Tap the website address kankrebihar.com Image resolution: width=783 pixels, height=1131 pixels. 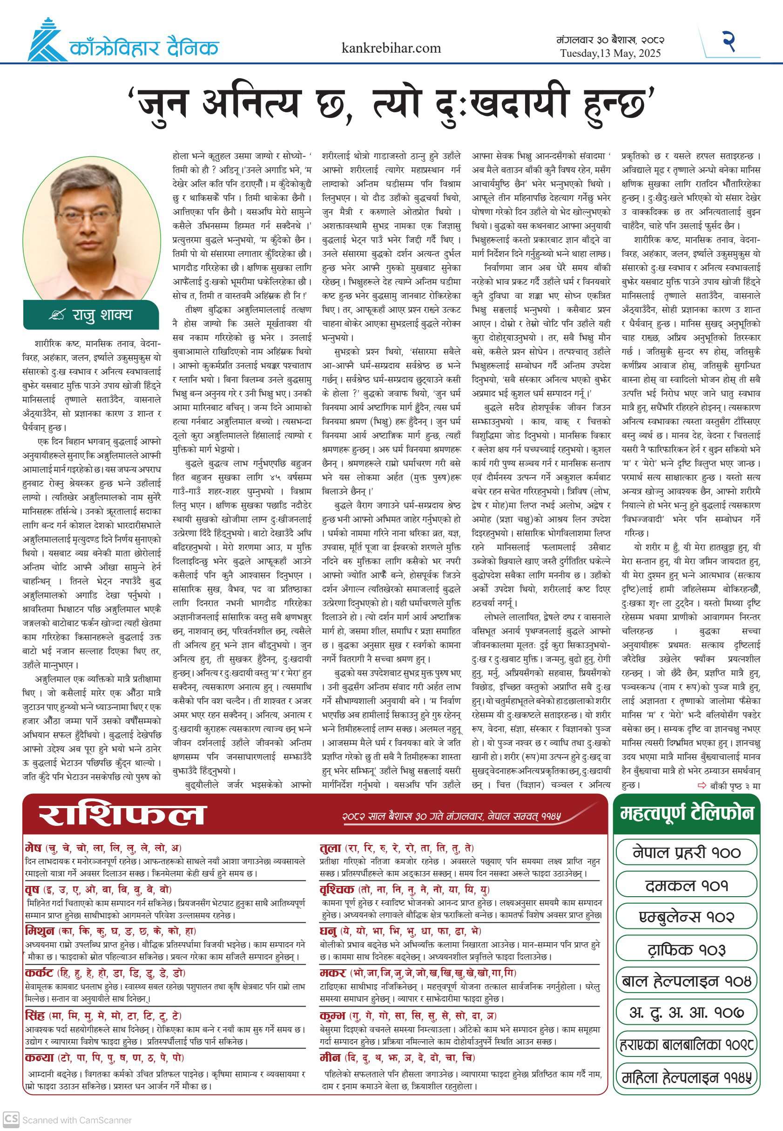tap(391, 48)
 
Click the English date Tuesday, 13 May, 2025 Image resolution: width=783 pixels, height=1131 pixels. tap(610, 53)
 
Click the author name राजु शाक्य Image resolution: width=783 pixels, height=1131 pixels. tap(102, 314)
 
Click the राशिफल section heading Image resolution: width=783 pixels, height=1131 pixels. tap(121, 814)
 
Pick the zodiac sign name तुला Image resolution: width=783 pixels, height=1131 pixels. tap(330, 848)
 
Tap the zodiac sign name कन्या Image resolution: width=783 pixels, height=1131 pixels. tap(39, 1057)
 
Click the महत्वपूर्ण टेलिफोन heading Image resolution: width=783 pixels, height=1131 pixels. tap(686, 813)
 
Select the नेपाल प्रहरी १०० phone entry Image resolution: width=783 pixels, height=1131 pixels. tap(686, 852)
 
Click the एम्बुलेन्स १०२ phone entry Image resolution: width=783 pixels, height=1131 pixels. tap(686, 916)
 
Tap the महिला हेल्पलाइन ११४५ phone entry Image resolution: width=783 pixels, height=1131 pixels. tap(686, 1077)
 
